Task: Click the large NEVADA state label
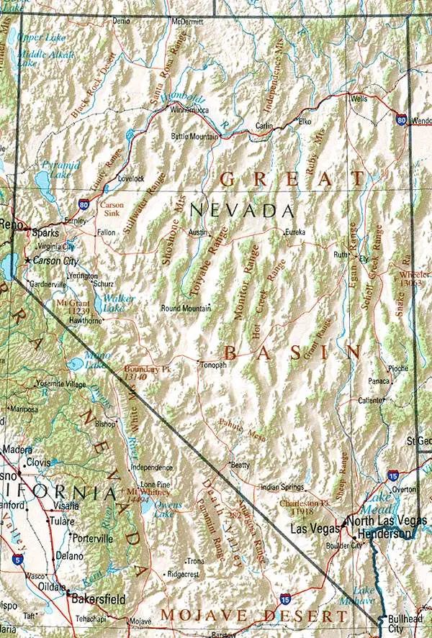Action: tap(242, 211)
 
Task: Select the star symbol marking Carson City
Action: tap(28, 260)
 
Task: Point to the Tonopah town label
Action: tap(213, 365)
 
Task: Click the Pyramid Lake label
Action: tap(55, 170)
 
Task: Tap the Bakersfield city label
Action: tap(99, 598)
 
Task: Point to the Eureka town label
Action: tap(295, 232)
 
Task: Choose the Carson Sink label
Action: tap(112, 209)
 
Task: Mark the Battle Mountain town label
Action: tap(194, 136)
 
